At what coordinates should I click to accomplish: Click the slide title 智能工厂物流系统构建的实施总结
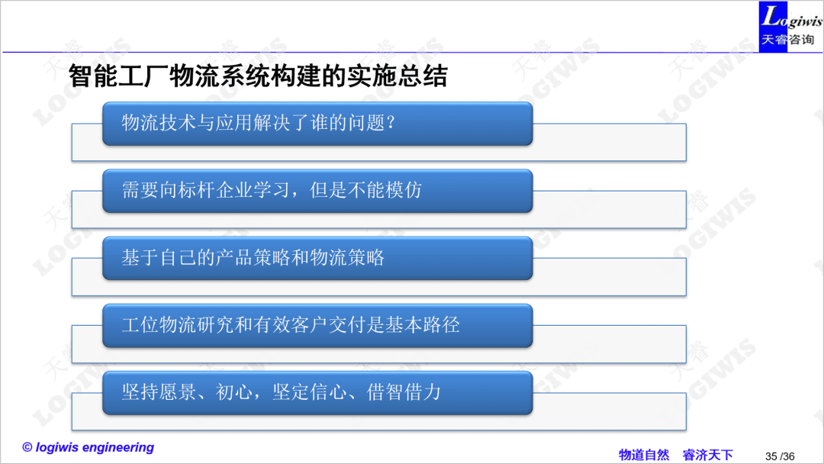click(258, 76)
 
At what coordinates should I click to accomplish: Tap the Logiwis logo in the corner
click(790, 26)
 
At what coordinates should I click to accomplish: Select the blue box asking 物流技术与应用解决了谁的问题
click(317, 124)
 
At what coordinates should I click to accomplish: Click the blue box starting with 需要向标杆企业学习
click(317, 191)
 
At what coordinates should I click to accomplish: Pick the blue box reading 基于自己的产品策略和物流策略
click(317, 258)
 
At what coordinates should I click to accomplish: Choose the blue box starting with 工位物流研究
click(317, 325)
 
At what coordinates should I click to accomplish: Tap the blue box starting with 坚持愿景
click(317, 392)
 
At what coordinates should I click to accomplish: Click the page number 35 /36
click(780, 456)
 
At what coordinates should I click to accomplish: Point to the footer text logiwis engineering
click(95, 447)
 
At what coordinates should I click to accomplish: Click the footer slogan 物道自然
click(644, 455)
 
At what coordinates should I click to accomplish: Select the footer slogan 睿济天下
click(707, 455)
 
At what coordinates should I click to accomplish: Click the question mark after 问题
click(391, 123)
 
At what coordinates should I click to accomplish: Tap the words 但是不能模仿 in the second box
click(365, 190)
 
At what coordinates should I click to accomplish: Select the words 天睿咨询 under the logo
click(787, 40)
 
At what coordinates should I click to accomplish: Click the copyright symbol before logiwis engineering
click(27, 447)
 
